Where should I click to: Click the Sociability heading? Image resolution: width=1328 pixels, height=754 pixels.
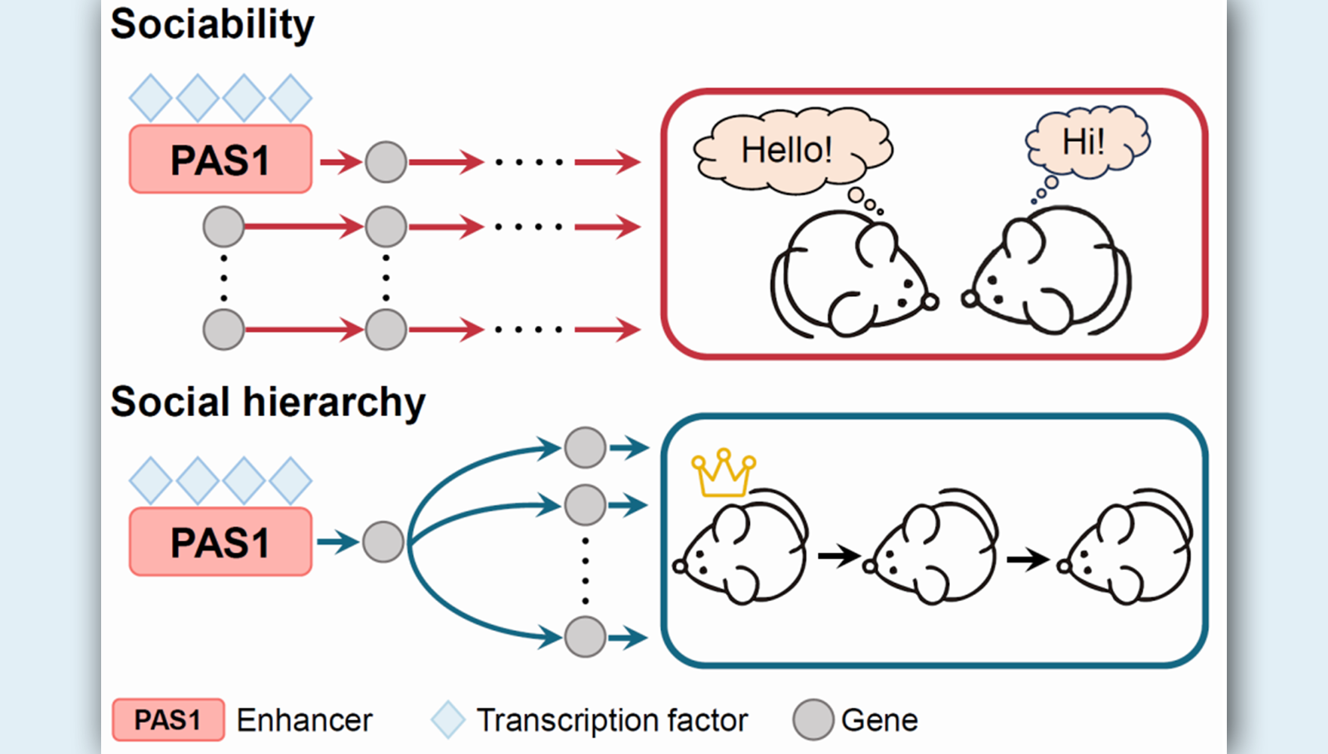pyautogui.click(x=212, y=25)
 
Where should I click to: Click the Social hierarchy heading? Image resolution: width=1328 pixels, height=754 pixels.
pyautogui.click(x=268, y=402)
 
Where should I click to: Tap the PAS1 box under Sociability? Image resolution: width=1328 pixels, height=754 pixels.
pyautogui.click(x=220, y=160)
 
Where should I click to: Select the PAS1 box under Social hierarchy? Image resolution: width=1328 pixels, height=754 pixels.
pyautogui.click(x=220, y=542)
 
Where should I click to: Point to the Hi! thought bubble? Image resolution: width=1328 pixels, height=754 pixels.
pyautogui.click(x=1085, y=142)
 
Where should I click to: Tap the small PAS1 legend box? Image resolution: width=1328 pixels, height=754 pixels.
pyautogui.click(x=168, y=720)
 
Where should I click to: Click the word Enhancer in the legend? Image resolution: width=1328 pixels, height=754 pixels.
pyautogui.click(x=304, y=720)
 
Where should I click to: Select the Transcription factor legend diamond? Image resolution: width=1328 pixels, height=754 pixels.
pyautogui.click(x=448, y=719)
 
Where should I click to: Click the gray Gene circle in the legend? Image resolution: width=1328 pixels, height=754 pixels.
pyautogui.click(x=813, y=719)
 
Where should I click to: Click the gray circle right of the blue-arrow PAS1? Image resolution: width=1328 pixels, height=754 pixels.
pyautogui.click(x=383, y=541)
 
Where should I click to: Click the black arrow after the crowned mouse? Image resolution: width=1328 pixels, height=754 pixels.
pyautogui.click(x=838, y=556)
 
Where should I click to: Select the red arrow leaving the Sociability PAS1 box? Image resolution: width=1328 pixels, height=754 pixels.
pyautogui.click(x=340, y=161)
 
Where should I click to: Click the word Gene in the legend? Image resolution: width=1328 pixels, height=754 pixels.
pyautogui.click(x=879, y=720)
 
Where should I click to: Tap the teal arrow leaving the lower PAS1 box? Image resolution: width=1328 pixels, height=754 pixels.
pyautogui.click(x=337, y=541)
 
